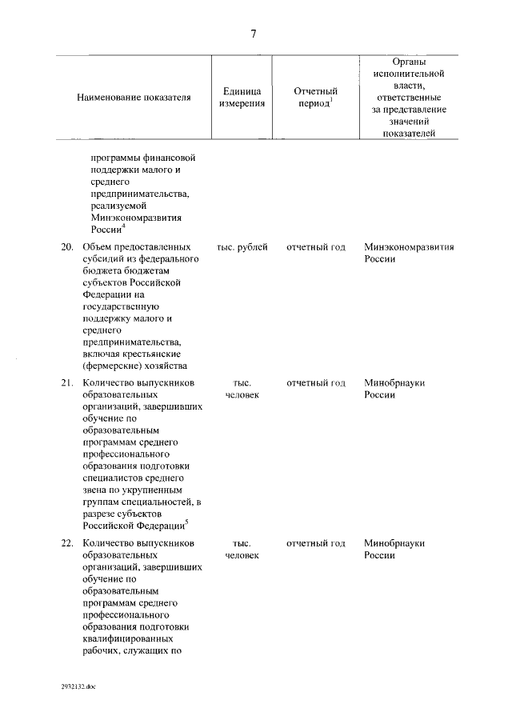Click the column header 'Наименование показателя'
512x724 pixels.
pyautogui.click(x=134, y=98)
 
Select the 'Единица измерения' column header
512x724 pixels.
pyautogui.click(x=242, y=98)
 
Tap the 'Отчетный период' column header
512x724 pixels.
pyautogui.click(x=316, y=98)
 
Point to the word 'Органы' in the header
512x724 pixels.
pyautogui.click(x=410, y=61)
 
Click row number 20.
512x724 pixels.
pyautogui.click(x=67, y=247)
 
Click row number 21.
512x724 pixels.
pyautogui.click(x=67, y=382)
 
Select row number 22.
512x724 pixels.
pyautogui.click(x=67, y=542)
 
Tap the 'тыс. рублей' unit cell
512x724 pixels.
pyautogui.click(x=242, y=247)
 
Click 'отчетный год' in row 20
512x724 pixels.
pyautogui.click(x=316, y=247)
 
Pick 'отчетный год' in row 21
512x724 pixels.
pyautogui.click(x=316, y=382)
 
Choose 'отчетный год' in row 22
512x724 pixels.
pyautogui.click(x=316, y=542)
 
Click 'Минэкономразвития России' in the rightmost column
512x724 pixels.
pyautogui.click(x=409, y=254)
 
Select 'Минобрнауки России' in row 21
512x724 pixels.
pyautogui.click(x=394, y=389)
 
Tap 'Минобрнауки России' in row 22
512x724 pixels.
pyautogui.click(x=394, y=549)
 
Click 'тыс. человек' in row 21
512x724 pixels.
pyautogui.click(x=242, y=389)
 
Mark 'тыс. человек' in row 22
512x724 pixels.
pyautogui.click(x=242, y=549)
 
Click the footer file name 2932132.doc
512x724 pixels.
pyautogui.click(x=78, y=686)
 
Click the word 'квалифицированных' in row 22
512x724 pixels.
pyautogui.click(x=126, y=638)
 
